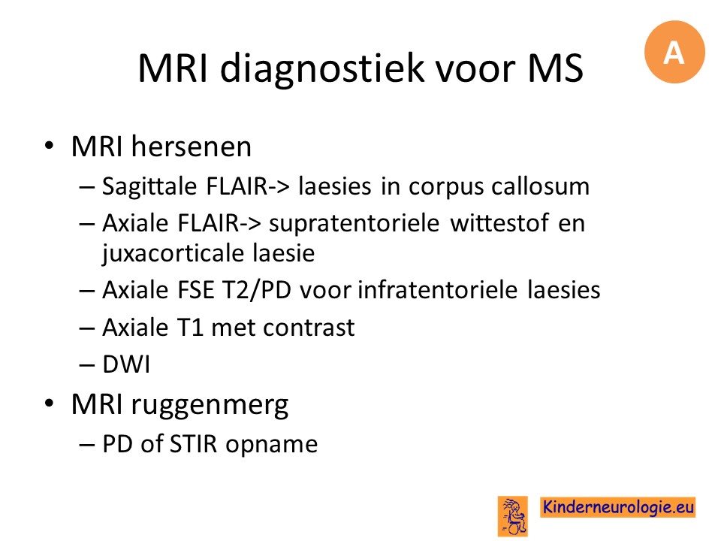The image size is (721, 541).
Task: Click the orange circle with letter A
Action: [674, 52]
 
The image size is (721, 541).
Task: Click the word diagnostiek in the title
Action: [322, 69]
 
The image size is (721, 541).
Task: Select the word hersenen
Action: [192, 147]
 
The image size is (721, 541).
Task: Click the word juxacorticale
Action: [173, 253]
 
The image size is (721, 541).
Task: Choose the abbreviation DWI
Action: [126, 364]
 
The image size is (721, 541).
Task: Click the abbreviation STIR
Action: [193, 444]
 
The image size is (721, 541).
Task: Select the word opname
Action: [271, 446]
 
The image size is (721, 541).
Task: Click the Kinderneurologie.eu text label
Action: [617, 507]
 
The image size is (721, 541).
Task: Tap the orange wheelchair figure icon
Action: [512, 515]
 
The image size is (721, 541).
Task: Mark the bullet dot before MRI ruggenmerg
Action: [49, 403]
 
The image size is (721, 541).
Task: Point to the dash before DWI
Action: [86, 366]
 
